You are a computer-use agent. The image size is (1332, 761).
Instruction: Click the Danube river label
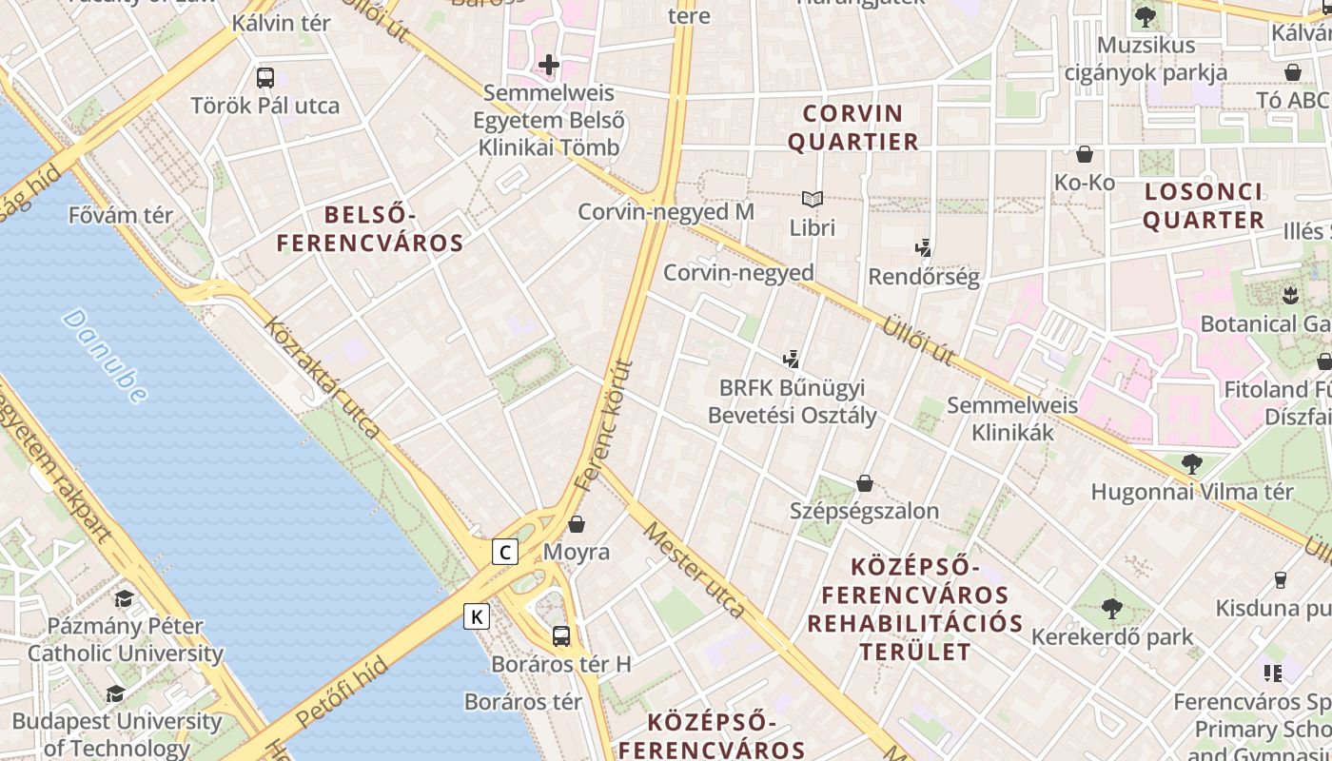tap(106, 356)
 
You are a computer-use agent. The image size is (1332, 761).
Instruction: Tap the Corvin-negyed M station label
tap(666, 211)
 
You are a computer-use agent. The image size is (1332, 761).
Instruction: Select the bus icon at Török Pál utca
tap(265, 78)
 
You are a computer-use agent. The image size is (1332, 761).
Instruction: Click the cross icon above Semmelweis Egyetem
tap(549, 65)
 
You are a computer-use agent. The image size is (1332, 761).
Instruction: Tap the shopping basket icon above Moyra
tap(577, 523)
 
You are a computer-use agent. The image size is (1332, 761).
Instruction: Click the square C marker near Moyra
tap(505, 552)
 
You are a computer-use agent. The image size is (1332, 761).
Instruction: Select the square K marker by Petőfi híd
tap(477, 616)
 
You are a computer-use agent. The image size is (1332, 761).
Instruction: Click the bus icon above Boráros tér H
tap(561, 635)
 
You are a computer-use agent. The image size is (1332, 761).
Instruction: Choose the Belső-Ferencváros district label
tap(370, 229)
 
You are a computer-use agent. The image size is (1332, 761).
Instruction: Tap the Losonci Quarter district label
tap(1204, 205)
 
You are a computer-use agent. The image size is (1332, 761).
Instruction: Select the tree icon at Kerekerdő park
tap(1111, 609)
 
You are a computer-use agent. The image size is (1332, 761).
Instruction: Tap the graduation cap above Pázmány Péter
tap(124, 599)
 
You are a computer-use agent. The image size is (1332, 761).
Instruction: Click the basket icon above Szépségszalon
tap(865, 483)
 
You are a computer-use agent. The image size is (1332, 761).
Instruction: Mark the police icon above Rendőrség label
tap(922, 248)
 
